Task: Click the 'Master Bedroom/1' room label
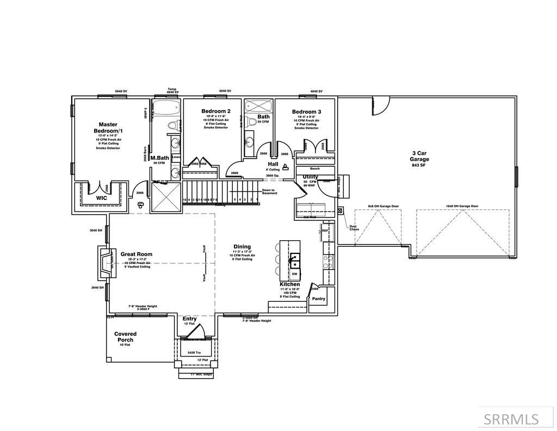[108, 128]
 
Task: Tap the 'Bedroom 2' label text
[212, 111]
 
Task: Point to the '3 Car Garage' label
[419, 156]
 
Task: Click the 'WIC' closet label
[101, 198]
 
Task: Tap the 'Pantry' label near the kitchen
[318, 299]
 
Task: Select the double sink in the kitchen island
[294, 258]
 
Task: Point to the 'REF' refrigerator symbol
[325, 230]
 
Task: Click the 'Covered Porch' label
[125, 337]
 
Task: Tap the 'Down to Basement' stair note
[269, 192]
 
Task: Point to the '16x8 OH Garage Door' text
[462, 207]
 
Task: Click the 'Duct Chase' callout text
[354, 227]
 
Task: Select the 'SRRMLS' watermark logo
[511, 418]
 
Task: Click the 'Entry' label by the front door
[190, 319]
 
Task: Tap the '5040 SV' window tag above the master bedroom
[121, 91]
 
